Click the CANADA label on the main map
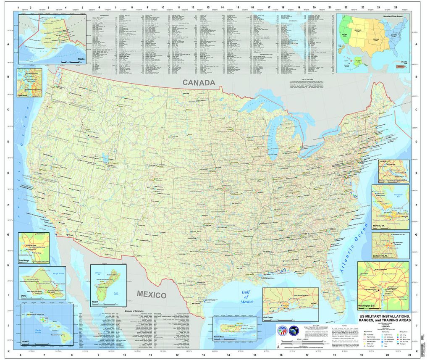tap(199, 83)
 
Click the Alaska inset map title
tap(79, 59)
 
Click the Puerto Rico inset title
tap(221, 337)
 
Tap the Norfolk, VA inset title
tap(379, 226)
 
